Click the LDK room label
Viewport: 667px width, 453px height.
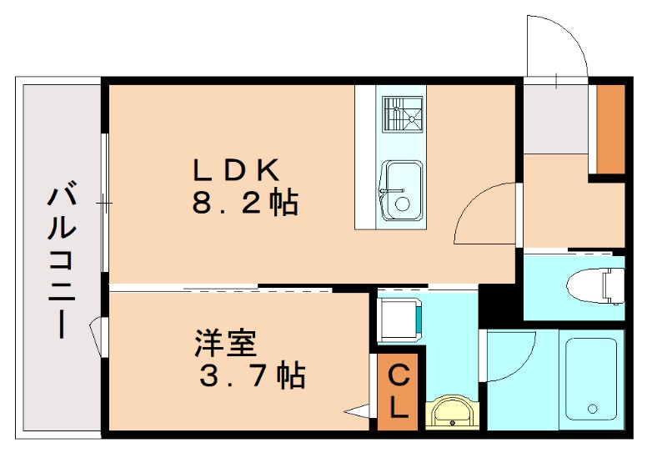click(x=234, y=169)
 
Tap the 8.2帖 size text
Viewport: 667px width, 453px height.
click(x=245, y=203)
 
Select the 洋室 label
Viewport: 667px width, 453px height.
click(x=224, y=342)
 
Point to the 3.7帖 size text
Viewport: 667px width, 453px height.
click(x=251, y=376)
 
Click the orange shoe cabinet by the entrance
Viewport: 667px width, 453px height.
click(x=612, y=129)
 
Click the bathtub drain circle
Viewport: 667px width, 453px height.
click(x=593, y=409)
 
